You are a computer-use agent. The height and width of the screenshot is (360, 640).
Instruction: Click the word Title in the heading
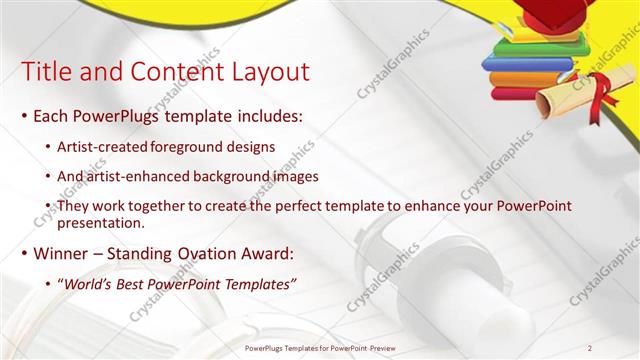coord(44,72)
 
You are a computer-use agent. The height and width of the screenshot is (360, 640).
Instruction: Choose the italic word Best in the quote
coord(134,285)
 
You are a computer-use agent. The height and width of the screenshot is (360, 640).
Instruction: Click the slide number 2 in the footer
coord(590,348)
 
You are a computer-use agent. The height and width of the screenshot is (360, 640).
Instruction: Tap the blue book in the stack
coord(525,63)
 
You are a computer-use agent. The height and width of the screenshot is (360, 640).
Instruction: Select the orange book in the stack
coord(525,78)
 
